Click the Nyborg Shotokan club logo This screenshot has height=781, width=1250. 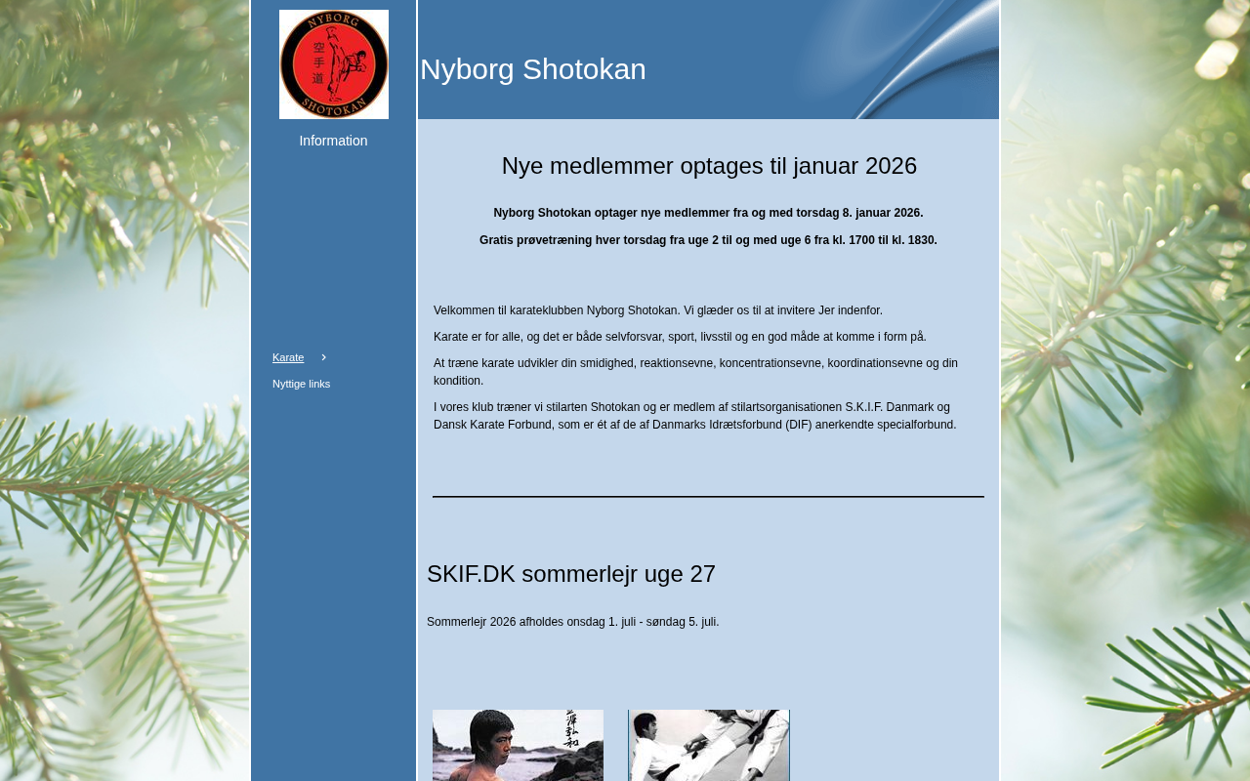pyautogui.click(x=334, y=64)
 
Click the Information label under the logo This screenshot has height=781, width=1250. pyautogui.click(x=333, y=141)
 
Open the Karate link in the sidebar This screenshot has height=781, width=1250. pyautogui.click(x=288, y=357)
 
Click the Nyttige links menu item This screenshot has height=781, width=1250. pyautogui.click(x=301, y=384)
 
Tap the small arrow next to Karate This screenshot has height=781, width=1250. pyautogui.click(x=323, y=357)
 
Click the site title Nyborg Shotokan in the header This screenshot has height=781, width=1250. pyautogui.click(x=533, y=69)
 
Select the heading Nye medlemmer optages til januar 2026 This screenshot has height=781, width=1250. pyautogui.click(x=709, y=166)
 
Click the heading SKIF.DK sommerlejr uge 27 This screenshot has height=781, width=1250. pyautogui.click(x=571, y=574)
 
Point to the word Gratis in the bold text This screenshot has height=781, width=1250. pyautogui.click(x=496, y=240)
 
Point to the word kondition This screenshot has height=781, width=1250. pyautogui.click(x=458, y=381)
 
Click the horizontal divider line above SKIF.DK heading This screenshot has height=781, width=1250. pyautogui.click(x=708, y=497)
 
